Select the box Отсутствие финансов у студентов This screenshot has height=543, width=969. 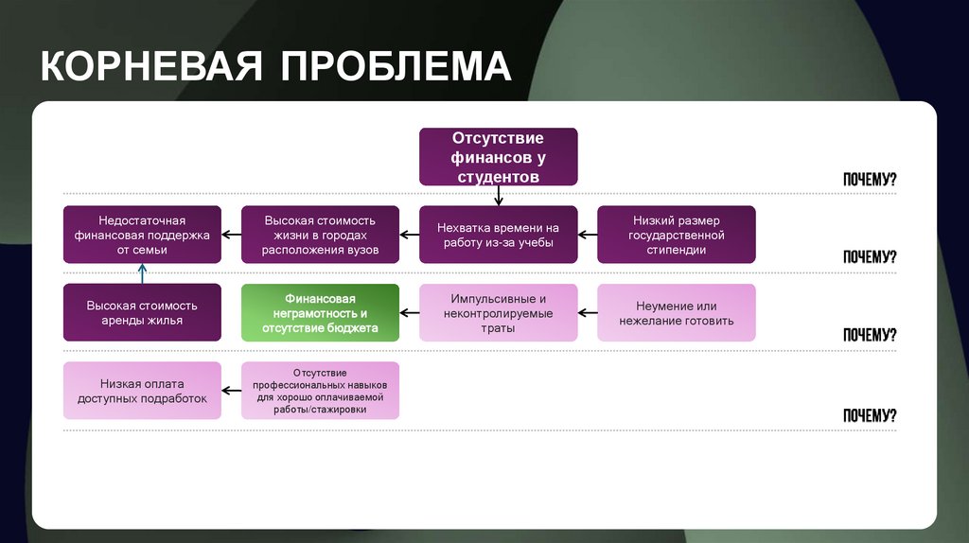pos(498,157)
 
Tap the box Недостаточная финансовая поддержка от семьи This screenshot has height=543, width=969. pos(142,235)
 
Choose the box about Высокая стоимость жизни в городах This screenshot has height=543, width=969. pos(320,235)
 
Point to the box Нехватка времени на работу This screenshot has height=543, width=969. pos(498,235)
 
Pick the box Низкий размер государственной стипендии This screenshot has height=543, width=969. pos(676,235)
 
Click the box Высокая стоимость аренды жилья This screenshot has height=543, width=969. pos(142,312)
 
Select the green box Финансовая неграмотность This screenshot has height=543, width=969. pos(320,312)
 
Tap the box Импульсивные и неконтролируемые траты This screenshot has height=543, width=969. pos(498,312)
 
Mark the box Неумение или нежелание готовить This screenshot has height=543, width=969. pos(676,312)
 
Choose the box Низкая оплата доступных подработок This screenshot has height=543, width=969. pos(142,391)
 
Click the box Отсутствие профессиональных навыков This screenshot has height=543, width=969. pos(320,391)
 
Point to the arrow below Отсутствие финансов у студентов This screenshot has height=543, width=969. pos(499,196)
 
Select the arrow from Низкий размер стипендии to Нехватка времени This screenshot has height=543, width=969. pos(587,235)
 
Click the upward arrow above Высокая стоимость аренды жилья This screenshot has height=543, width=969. pos(142,273)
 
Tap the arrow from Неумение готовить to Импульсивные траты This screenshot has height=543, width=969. pos(587,312)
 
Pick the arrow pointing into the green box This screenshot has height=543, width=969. pos(409,312)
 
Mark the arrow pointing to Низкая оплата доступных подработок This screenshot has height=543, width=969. pos(231,391)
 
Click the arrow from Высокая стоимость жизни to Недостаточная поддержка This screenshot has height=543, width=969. pos(231,235)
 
